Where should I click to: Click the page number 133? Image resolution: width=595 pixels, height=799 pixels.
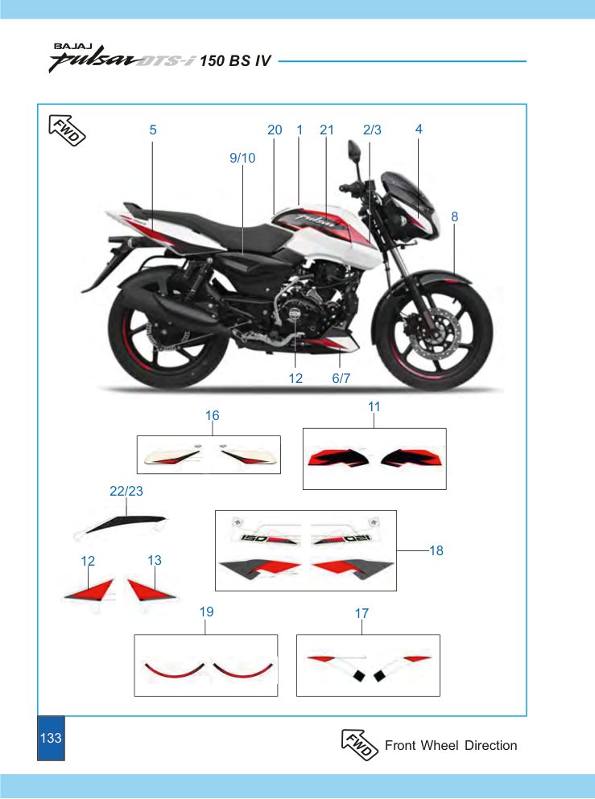[x=51, y=738]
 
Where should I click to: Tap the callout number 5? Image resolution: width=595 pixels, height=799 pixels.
[x=153, y=130]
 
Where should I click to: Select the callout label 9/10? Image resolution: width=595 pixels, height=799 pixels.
[x=242, y=158]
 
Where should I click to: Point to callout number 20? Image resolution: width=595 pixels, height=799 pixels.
[x=275, y=130]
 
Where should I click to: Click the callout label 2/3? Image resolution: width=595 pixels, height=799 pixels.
[x=372, y=130]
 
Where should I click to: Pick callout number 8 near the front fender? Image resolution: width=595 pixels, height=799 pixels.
[x=455, y=217]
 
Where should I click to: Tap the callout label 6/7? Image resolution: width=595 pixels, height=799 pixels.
[x=341, y=378]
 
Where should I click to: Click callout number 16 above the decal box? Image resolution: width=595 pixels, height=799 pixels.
[x=212, y=416]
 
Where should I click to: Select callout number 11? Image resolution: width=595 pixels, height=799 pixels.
[x=374, y=406]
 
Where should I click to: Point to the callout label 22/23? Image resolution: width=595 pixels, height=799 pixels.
[x=126, y=491]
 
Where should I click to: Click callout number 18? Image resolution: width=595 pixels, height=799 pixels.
[x=436, y=550]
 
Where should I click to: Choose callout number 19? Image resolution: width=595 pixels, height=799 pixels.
[x=206, y=612]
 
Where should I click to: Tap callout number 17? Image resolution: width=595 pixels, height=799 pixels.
[x=362, y=613]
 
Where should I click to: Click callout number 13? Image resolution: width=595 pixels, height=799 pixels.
[x=155, y=561]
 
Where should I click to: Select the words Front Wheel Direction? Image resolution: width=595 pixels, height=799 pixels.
[x=451, y=746]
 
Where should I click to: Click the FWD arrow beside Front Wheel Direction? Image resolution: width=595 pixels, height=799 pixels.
[x=359, y=744]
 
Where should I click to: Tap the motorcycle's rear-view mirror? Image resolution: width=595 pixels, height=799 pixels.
[x=353, y=151]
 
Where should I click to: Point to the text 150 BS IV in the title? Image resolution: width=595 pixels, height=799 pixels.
[x=236, y=61]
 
